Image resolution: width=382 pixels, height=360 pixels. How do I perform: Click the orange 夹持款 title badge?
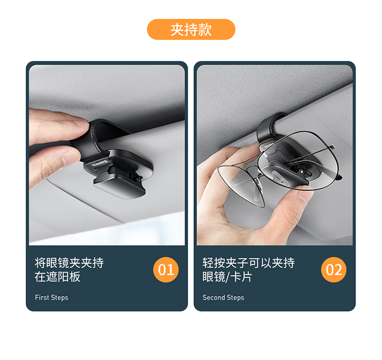(x=191, y=30)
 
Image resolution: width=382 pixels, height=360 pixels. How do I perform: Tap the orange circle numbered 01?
(x=166, y=270)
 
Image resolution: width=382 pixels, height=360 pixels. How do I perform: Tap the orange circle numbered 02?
(x=334, y=270)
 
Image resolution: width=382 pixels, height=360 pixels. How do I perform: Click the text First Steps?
(x=51, y=298)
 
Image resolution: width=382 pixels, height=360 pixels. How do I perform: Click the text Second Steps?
(x=223, y=298)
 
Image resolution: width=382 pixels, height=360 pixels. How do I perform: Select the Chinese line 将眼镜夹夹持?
(x=69, y=263)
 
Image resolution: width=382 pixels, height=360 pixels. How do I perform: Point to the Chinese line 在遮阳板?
(x=57, y=277)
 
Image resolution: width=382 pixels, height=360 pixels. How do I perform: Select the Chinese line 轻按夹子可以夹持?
(x=249, y=263)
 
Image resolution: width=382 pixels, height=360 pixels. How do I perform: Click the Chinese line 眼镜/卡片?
(x=227, y=277)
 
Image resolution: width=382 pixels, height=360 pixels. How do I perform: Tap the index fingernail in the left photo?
(x=81, y=122)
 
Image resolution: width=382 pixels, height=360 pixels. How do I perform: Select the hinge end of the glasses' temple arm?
(x=333, y=147)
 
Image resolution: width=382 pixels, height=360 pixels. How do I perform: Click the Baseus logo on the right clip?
(x=266, y=146)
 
